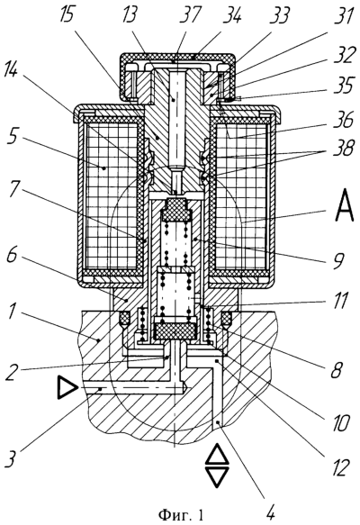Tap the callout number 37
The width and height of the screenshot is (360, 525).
(190, 15)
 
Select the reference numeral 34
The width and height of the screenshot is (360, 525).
(232, 15)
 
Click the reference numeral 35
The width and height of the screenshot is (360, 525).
(342, 86)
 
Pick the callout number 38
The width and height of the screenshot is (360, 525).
(342, 149)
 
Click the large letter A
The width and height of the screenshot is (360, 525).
(344, 204)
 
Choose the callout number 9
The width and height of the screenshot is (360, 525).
(337, 261)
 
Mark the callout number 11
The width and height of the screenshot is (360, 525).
(340, 300)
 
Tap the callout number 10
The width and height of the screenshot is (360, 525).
(339, 423)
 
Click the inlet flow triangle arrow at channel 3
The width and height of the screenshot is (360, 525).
(67, 388)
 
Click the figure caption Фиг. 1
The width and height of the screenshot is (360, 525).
(181, 514)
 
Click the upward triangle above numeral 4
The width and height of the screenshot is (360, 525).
(217, 455)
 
